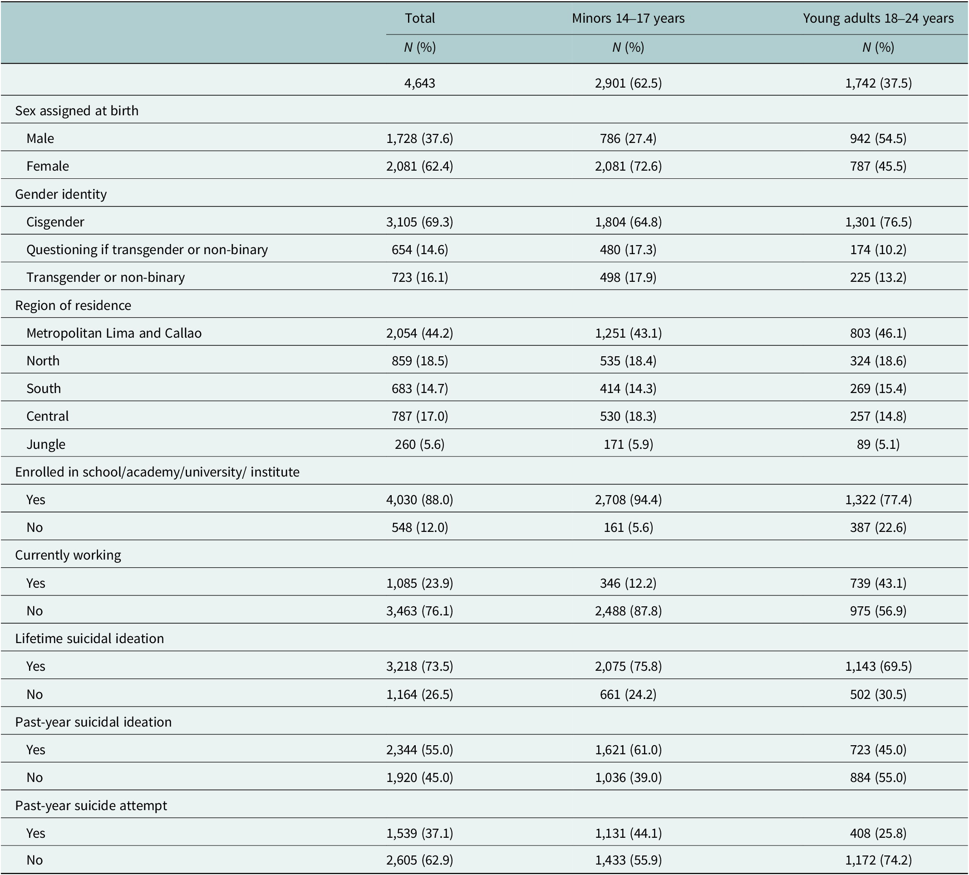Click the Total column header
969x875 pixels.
420,18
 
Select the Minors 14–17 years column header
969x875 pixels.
628,18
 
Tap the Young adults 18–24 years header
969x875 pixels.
878,18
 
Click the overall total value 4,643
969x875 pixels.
420,83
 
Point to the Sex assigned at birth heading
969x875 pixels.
77,111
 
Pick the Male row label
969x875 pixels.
40,138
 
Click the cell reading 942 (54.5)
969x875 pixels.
878,138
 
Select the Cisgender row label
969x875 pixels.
55,221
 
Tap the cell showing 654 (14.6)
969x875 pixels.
420,249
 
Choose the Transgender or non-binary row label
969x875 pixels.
106,277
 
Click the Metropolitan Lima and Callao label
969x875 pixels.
114,333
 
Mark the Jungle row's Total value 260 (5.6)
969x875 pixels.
420,444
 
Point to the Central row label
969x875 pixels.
48,416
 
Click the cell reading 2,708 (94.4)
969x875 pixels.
628,500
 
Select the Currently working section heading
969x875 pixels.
68,555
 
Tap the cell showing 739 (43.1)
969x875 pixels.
878,583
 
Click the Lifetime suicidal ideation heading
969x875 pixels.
89,638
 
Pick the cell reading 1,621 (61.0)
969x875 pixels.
628,750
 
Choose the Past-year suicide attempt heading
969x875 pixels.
91,805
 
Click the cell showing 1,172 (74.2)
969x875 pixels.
878,860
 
